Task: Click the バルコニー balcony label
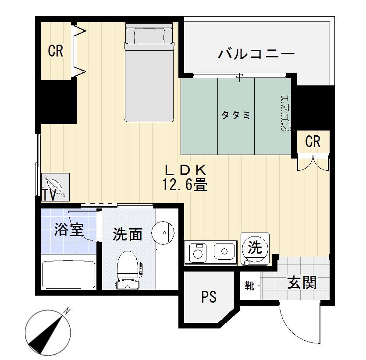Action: tap(256, 55)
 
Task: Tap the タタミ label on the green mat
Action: tap(236, 115)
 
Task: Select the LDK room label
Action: tap(185, 169)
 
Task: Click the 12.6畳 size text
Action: tap(185, 185)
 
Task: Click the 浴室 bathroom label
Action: tap(69, 229)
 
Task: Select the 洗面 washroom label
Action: tap(127, 234)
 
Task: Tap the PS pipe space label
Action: tap(209, 297)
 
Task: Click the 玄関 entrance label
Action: tap(302, 282)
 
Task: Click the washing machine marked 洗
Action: tap(255, 248)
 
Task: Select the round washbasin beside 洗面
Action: tap(163, 232)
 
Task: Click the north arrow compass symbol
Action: tap(48, 332)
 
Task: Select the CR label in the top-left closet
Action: tap(56, 51)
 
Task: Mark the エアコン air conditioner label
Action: tap(285, 112)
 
